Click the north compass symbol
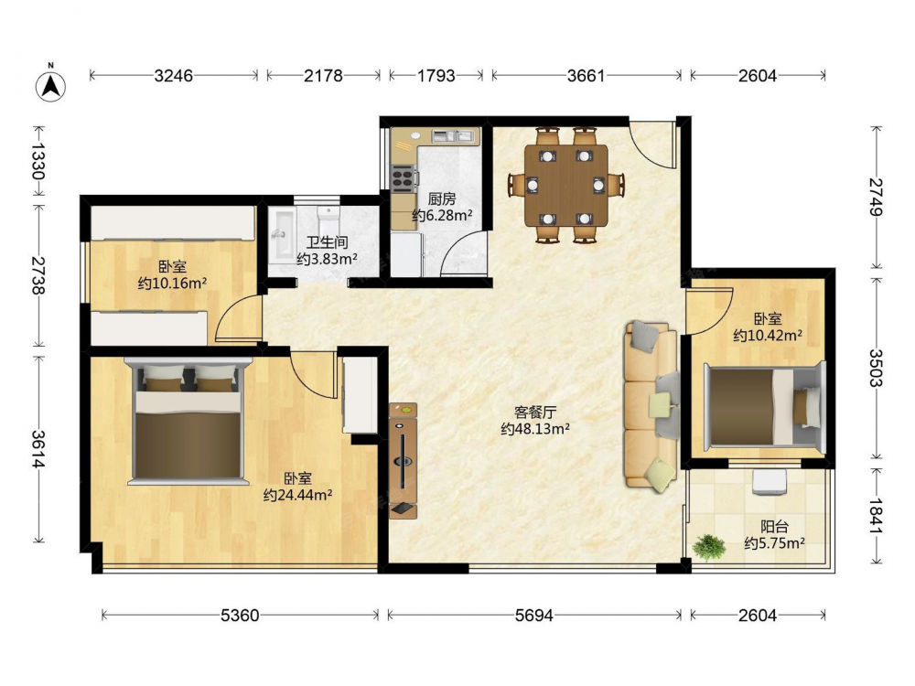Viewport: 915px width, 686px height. coord(50,86)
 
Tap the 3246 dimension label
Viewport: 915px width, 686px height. coord(173,75)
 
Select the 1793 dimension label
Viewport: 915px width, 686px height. coord(436,75)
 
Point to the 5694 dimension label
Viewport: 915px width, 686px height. coord(534,615)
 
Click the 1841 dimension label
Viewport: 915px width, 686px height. coord(877,516)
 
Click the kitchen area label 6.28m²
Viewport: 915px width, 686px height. coord(442,216)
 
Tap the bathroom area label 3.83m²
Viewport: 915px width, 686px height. coord(327,259)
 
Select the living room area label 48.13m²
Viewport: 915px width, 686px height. coord(535,429)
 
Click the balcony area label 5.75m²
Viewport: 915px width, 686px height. coord(774,543)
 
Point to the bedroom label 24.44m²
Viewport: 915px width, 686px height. coord(297,495)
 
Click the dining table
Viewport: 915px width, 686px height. coord(566,186)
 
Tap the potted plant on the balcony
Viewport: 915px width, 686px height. coord(709,547)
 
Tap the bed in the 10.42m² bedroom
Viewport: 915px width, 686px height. coord(765,407)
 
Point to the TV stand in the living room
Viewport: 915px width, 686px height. coord(404,460)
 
